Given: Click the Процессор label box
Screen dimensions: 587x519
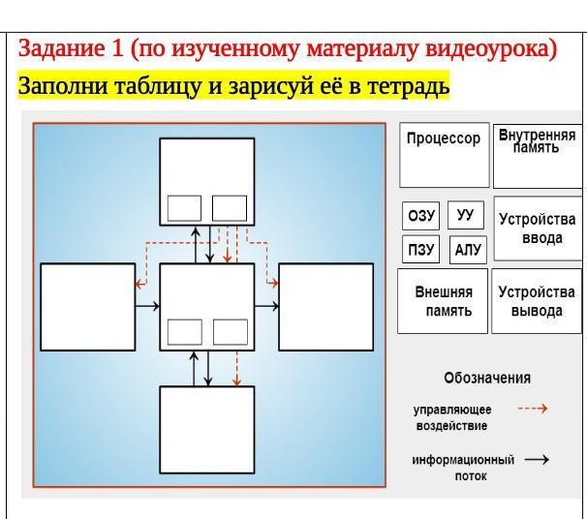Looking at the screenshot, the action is [445, 155].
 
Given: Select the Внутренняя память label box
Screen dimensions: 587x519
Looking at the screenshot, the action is [538, 156].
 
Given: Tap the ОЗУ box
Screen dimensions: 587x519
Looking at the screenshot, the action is [420, 216].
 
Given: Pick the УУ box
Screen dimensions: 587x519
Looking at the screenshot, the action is [466, 215].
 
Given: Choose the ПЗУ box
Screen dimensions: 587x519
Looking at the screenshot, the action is [420, 249].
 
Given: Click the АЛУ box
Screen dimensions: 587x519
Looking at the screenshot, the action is [468, 250].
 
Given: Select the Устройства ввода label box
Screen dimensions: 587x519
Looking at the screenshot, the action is [539, 229].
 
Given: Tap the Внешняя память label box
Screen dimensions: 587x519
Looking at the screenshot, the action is [443, 301].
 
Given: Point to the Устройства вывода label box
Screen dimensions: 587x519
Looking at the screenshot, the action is [537, 301].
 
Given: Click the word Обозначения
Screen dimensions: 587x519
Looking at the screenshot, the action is [487, 378].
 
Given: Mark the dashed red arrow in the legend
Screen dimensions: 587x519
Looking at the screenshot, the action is [533, 409].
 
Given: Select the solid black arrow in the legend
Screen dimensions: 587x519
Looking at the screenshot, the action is [537, 460].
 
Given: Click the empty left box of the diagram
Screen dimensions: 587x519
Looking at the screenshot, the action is [88, 307].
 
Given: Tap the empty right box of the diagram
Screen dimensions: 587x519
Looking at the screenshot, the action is [326, 307].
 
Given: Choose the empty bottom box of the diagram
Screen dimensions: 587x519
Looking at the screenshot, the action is [207, 430].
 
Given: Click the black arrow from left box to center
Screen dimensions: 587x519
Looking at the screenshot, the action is [147, 306].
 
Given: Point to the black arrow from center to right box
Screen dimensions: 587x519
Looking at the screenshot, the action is [266, 306].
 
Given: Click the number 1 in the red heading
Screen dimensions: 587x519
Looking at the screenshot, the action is [117, 48].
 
